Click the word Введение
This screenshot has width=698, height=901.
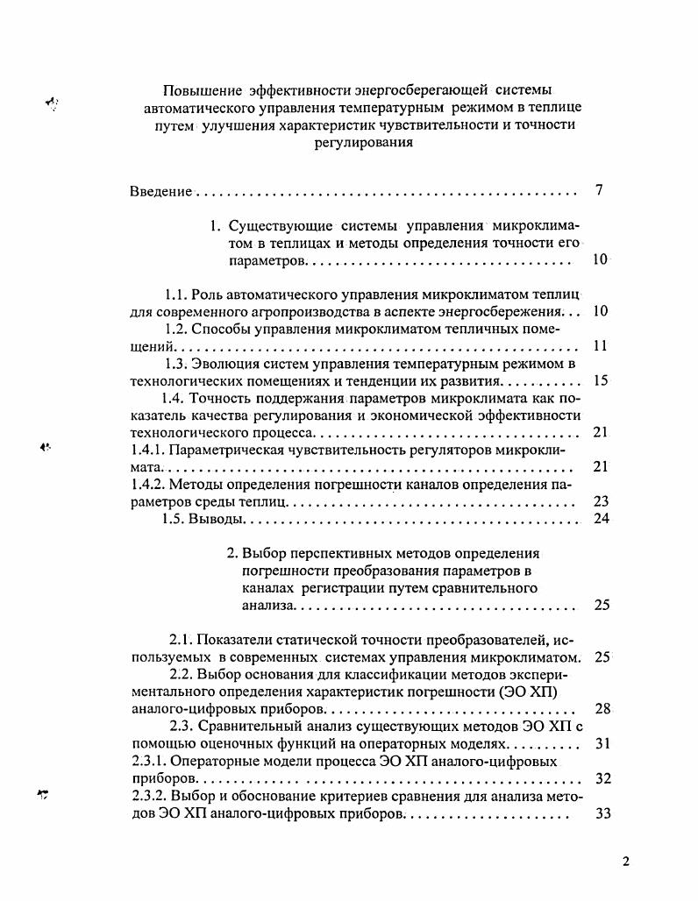pyautogui.click(x=161, y=191)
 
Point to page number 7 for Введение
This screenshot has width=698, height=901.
pyautogui.click(x=598, y=190)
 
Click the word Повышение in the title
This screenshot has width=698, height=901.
pyautogui.click(x=203, y=90)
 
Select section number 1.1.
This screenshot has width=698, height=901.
pyautogui.click(x=176, y=294)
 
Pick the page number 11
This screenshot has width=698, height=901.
pyautogui.click(x=600, y=346)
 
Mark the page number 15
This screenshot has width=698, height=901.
pyautogui.click(x=600, y=381)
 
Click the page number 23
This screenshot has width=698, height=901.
pyautogui.click(x=601, y=501)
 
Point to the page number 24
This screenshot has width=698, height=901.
pyautogui.click(x=601, y=518)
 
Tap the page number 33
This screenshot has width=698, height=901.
pyautogui.click(x=602, y=812)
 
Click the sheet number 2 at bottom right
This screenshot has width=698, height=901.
pyautogui.click(x=625, y=861)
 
